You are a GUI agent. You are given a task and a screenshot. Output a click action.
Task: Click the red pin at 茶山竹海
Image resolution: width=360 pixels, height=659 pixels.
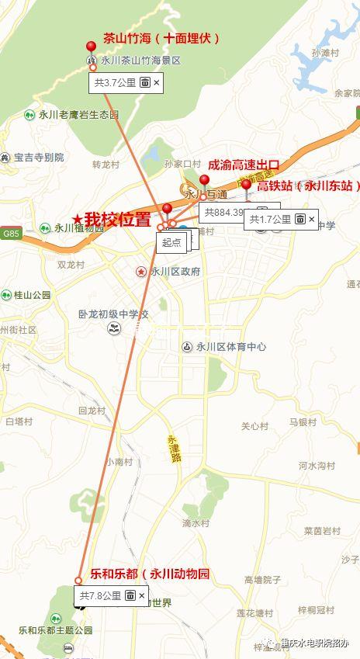(x=91, y=47)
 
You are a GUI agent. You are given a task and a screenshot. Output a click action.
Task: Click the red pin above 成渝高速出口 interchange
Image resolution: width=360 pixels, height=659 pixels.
(x=204, y=180)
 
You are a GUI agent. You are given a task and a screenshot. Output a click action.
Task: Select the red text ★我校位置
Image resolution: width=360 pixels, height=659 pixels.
(x=112, y=219)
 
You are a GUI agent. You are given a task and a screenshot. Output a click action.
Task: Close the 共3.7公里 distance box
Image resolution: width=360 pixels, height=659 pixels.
(x=157, y=82)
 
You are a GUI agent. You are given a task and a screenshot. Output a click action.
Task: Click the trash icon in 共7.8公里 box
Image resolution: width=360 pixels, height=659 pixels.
(x=130, y=595)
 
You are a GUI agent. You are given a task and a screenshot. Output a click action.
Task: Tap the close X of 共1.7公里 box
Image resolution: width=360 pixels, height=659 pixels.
(x=312, y=220)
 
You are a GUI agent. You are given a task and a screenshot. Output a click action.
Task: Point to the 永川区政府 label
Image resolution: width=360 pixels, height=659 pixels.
(x=175, y=272)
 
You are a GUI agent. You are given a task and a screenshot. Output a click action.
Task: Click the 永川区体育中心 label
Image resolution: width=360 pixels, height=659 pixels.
(x=230, y=347)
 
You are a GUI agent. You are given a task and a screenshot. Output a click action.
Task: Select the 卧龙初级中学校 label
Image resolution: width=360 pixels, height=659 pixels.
(x=112, y=314)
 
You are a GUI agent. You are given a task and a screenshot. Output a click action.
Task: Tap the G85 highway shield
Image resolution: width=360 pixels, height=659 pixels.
(x=10, y=233)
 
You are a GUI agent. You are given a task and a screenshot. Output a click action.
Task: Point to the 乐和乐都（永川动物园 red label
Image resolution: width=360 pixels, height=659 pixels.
(x=150, y=574)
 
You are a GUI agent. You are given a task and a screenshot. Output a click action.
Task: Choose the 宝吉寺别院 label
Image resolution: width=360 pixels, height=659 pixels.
(x=38, y=158)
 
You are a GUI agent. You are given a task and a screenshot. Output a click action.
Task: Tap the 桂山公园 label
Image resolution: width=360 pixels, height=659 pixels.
(x=32, y=295)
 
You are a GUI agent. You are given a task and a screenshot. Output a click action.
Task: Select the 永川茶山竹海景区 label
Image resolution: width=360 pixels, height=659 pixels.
(x=140, y=60)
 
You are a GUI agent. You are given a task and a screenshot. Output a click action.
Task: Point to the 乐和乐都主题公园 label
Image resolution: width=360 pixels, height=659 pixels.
(x=55, y=630)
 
